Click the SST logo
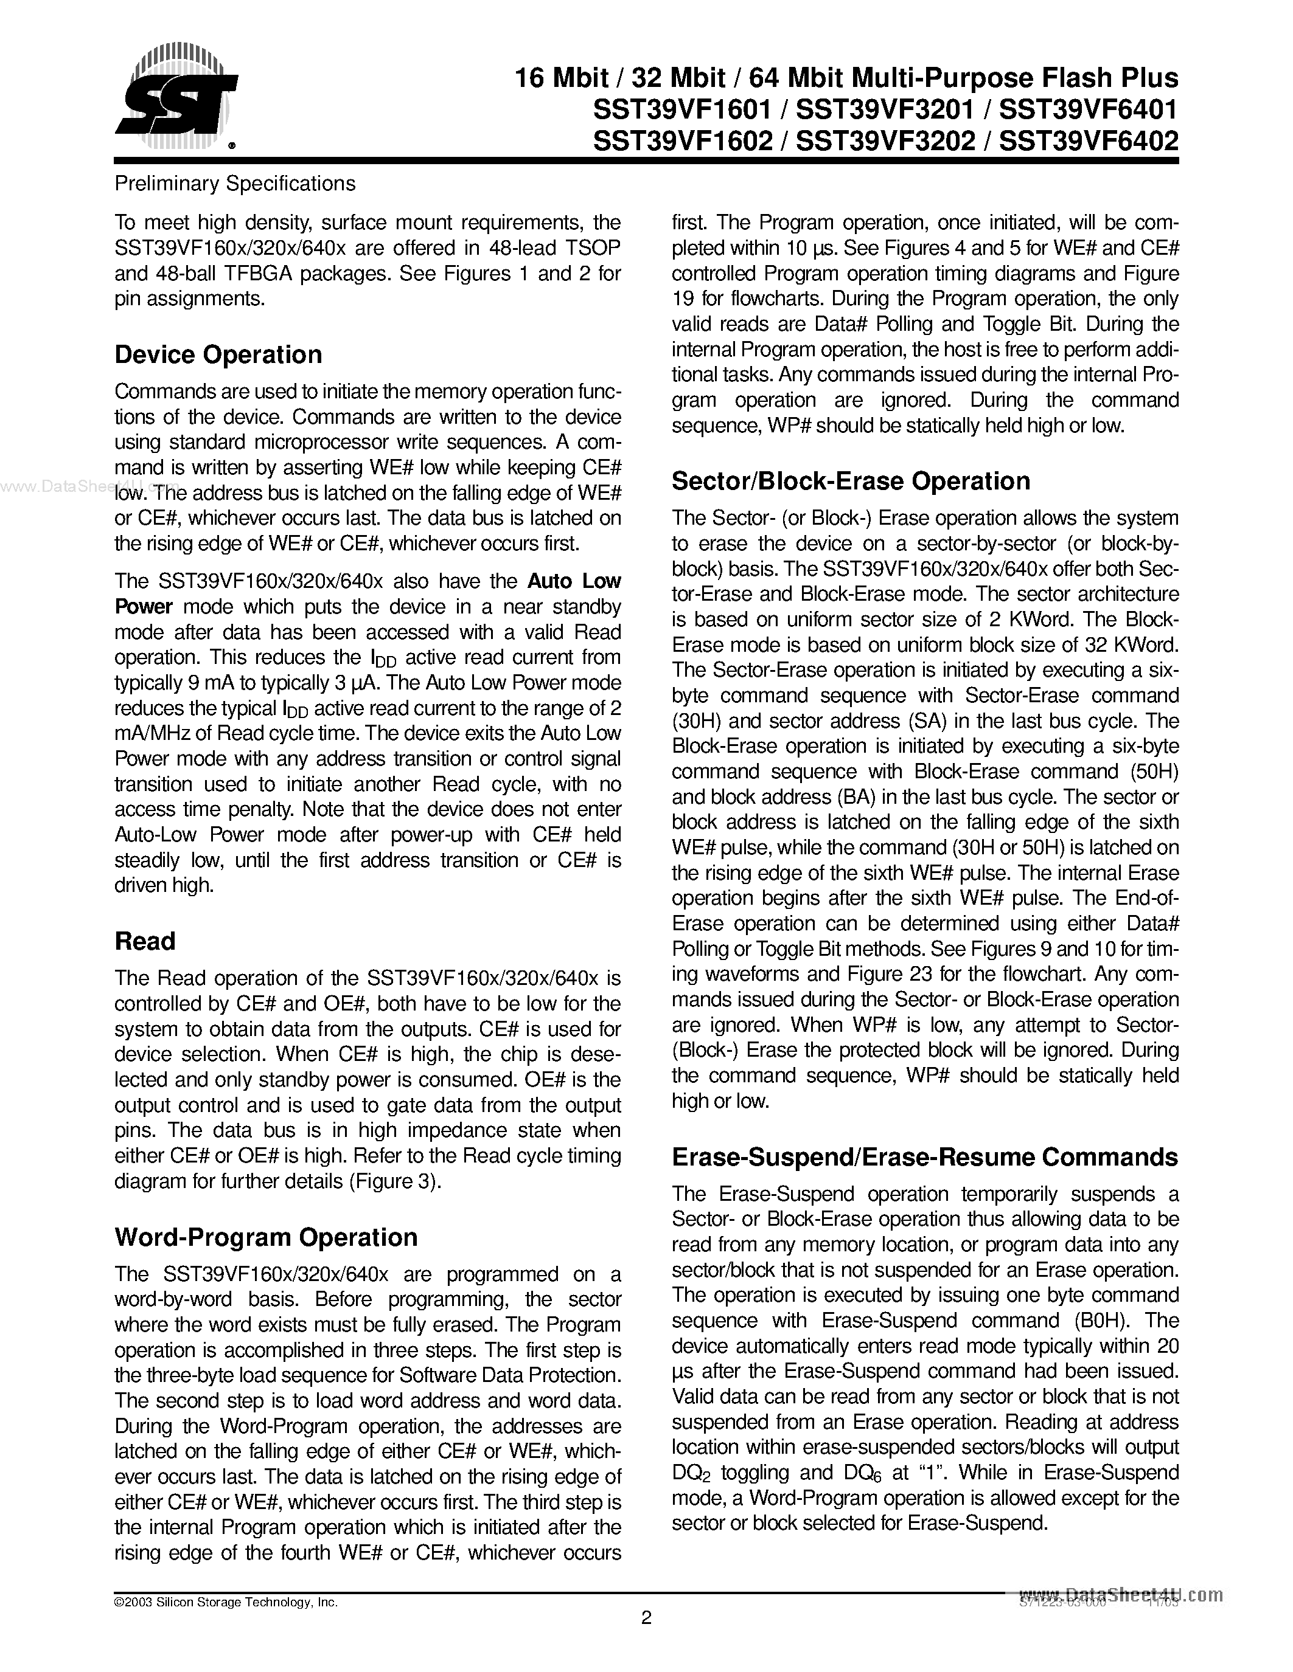(176, 97)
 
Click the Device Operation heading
(218, 355)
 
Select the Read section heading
(145, 941)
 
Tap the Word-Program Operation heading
(266, 1237)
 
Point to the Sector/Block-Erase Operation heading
(850, 481)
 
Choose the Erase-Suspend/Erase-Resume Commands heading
(924, 1157)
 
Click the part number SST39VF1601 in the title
(681, 109)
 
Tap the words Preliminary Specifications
(234, 184)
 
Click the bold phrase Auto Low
(574, 581)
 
